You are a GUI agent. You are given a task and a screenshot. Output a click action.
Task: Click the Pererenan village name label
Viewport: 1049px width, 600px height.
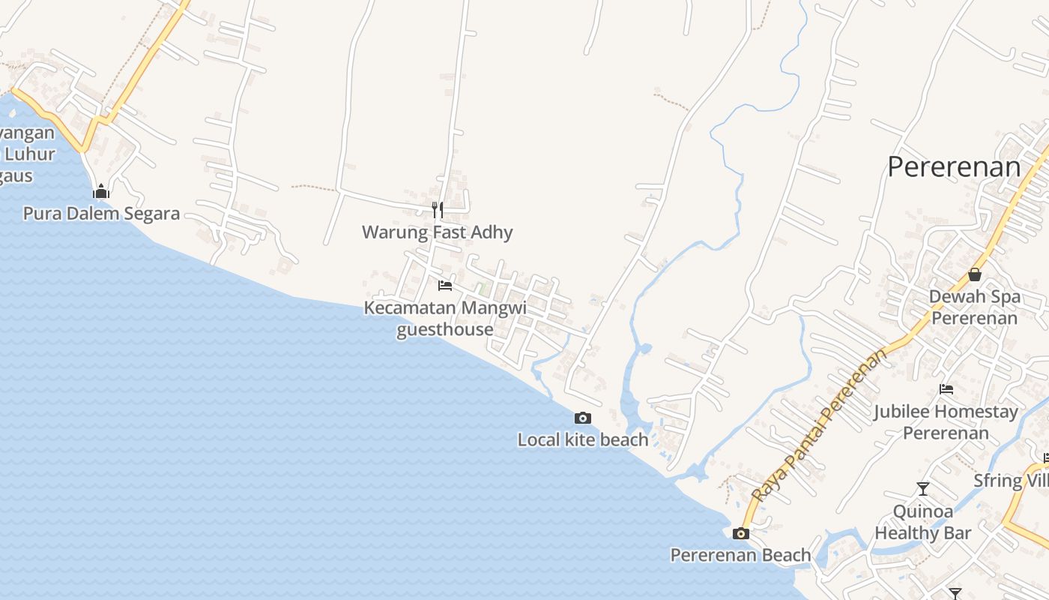(953, 166)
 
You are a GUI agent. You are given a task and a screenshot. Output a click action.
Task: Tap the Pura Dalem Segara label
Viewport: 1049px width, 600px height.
(101, 214)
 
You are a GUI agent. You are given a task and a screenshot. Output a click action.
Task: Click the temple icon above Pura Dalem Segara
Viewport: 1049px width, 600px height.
(101, 191)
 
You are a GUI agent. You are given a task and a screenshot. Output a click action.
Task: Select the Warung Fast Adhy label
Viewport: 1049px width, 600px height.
(438, 232)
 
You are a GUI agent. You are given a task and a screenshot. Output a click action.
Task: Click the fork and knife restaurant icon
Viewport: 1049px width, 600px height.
(438, 209)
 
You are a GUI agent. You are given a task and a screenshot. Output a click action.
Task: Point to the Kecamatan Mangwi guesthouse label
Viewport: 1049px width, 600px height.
(445, 319)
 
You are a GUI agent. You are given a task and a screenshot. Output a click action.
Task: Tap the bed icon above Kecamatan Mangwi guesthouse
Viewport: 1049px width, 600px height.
(445, 286)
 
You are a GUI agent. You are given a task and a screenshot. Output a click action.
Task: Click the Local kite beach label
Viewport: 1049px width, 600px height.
(583, 439)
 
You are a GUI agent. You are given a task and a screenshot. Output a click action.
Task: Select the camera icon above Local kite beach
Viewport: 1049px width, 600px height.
(583, 418)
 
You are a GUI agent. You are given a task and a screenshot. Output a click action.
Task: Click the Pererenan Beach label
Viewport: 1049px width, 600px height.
(740, 555)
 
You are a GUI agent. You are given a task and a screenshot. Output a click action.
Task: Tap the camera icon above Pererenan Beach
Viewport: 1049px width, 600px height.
(741, 534)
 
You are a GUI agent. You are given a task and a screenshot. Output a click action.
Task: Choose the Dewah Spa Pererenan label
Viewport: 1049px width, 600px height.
(974, 307)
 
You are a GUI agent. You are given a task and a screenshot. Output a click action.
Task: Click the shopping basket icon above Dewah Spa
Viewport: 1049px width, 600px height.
(975, 274)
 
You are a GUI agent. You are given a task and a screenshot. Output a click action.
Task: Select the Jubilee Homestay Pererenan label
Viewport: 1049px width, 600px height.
(946, 422)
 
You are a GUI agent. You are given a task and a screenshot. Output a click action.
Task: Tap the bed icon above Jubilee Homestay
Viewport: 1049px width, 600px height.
(946, 389)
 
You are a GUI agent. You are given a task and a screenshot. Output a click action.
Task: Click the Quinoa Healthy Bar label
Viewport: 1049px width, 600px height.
(923, 523)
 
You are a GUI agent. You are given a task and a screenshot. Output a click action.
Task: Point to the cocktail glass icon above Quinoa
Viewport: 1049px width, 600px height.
(923, 489)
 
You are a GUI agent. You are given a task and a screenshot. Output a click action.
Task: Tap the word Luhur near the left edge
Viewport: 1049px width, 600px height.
(30, 154)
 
